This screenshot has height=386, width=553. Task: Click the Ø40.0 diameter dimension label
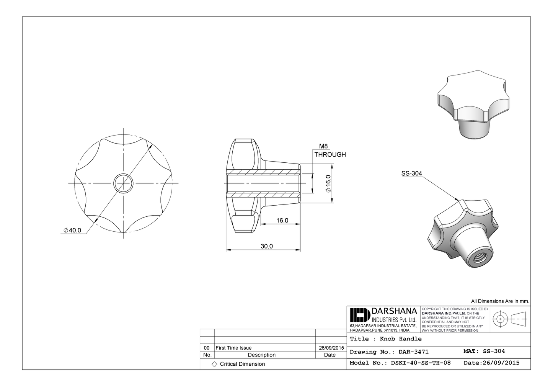pyautogui.click(x=72, y=230)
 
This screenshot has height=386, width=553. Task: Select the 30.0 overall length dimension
pyautogui.click(x=267, y=246)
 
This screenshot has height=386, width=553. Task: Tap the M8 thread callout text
pyautogui.click(x=323, y=146)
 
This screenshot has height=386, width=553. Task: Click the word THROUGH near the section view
pyautogui.click(x=330, y=155)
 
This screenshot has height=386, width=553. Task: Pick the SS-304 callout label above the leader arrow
pyautogui.click(x=411, y=173)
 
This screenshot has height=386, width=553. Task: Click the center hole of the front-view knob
pyautogui.click(x=123, y=183)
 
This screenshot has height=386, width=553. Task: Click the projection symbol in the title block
pyautogui.click(x=509, y=319)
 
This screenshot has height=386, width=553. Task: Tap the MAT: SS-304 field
pyautogui.click(x=484, y=351)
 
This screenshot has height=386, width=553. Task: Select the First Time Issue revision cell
pyautogui.click(x=234, y=348)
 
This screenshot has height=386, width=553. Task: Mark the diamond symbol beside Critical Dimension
pyautogui.click(x=214, y=364)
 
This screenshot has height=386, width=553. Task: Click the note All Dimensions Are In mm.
pyautogui.click(x=500, y=301)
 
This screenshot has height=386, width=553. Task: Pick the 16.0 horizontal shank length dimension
pyautogui.click(x=282, y=221)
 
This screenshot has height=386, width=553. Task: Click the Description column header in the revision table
pyautogui.click(x=261, y=355)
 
